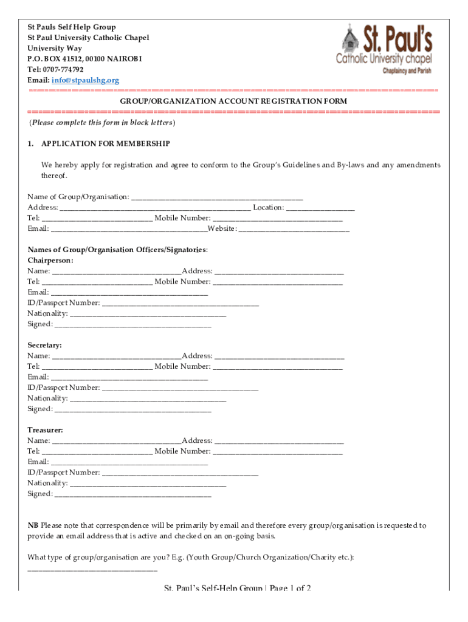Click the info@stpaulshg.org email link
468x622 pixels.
click(85, 80)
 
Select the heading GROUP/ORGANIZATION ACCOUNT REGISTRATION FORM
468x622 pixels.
click(233, 101)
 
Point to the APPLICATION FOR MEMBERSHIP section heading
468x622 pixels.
click(105, 144)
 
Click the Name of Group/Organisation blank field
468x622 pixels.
click(217, 197)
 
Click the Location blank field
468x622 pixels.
click(320, 208)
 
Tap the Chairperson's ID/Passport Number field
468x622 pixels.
click(180, 303)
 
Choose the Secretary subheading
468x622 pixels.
click(44, 345)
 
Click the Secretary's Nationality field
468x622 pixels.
click(148, 398)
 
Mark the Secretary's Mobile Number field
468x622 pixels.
click(278, 367)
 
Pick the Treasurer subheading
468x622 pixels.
click(45, 430)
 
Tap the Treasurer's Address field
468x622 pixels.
click(279, 441)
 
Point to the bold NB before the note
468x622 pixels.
click(33, 525)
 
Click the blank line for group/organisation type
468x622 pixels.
click(92, 569)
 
